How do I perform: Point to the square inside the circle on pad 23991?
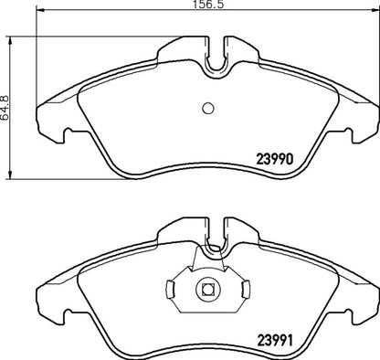pos(206,290)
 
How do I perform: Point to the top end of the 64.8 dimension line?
pos(9,38)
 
